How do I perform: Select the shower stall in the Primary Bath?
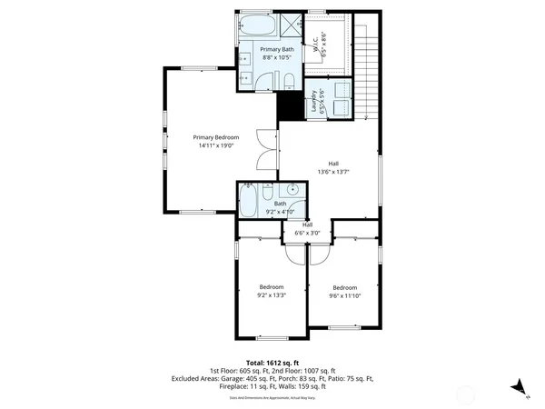[293, 25]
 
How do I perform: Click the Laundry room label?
[313, 101]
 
